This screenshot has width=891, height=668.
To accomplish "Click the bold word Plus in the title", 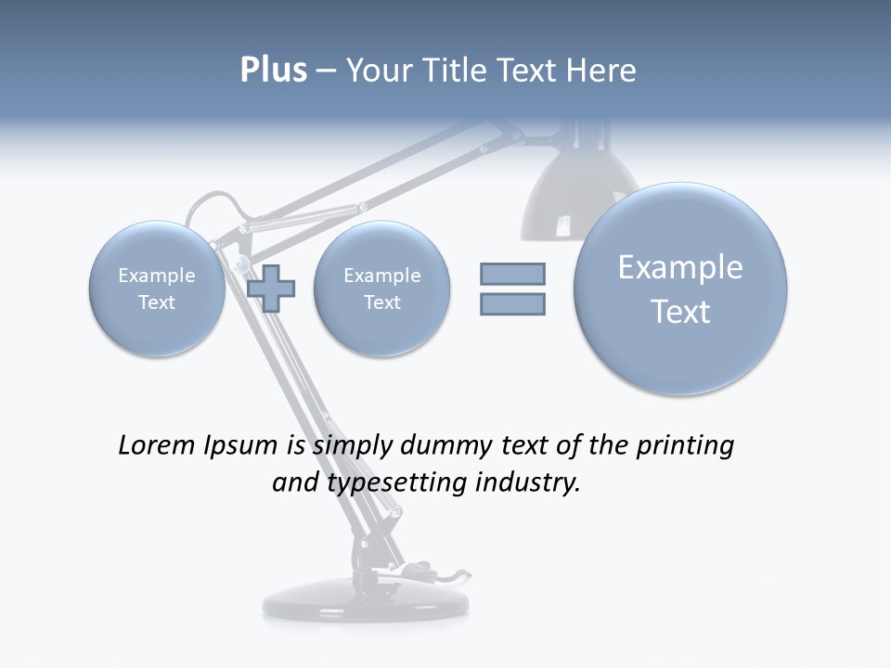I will coord(273,71).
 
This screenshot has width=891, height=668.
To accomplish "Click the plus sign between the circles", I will coord(272,289).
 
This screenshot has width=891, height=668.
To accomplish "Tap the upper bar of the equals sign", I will coord(512,274).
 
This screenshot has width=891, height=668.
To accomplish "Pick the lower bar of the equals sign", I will coord(512,303).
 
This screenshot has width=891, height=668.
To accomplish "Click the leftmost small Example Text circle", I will coord(157,289).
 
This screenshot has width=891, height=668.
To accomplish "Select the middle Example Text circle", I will coord(381,289).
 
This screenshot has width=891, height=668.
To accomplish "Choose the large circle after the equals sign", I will coord(680,289).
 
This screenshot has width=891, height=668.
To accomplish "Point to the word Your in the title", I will coord(378,71).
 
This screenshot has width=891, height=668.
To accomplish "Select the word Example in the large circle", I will coord(680,267).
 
